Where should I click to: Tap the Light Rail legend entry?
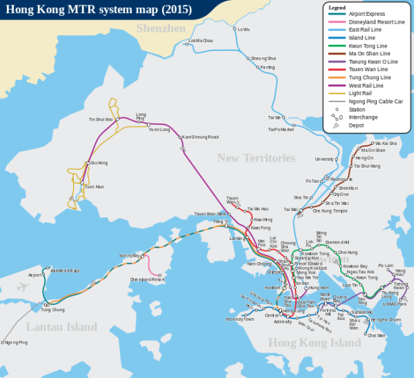(364, 92)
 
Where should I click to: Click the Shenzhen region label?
(161, 28)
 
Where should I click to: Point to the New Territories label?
(256, 158)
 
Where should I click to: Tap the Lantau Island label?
(61, 326)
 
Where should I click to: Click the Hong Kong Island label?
(304, 342)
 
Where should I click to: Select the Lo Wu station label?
(244, 29)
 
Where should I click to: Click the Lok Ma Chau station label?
(200, 41)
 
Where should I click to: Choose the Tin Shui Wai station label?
(100, 119)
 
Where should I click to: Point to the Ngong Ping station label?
(17, 342)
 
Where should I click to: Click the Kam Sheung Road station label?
(200, 137)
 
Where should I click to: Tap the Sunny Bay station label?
(128, 256)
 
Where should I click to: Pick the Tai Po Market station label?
(281, 129)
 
